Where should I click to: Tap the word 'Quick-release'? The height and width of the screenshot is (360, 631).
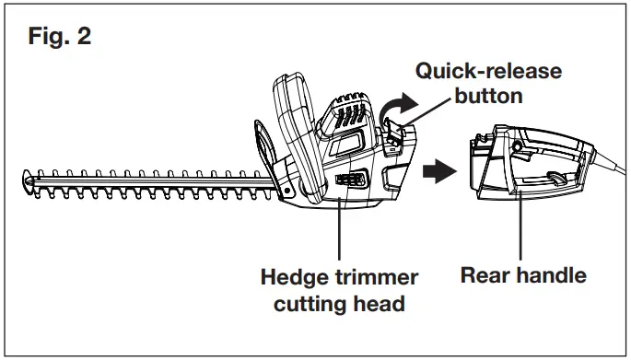pos(487,72)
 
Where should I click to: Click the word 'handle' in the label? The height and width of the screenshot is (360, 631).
pos(550,274)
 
